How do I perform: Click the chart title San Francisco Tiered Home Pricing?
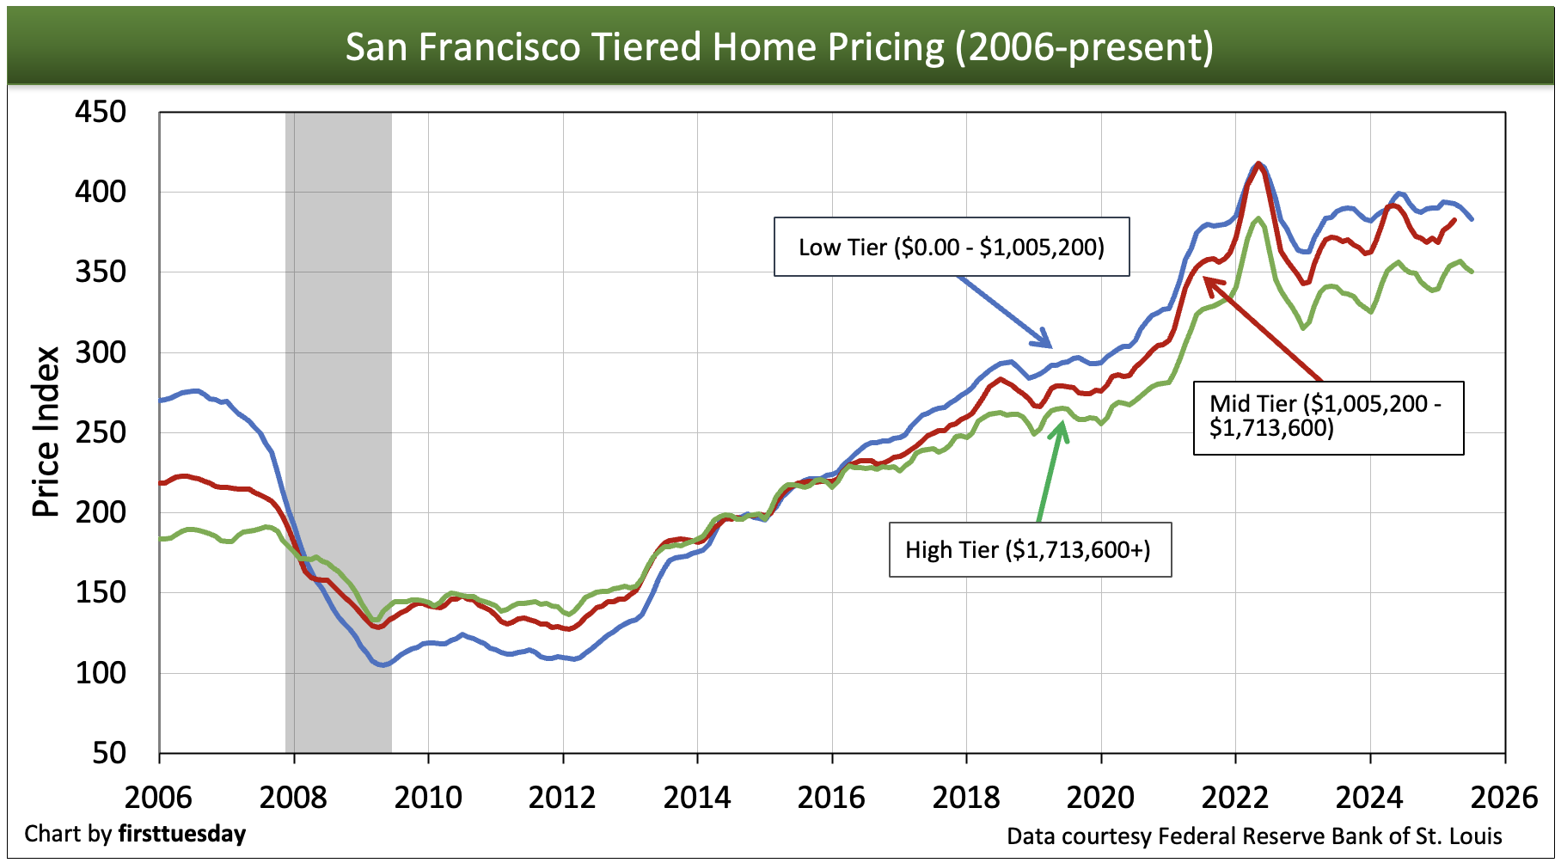(x=779, y=46)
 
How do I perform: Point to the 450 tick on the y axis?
(x=100, y=112)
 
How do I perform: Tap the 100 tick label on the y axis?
(x=100, y=673)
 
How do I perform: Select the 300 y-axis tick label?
(x=100, y=352)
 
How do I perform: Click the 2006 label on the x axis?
(x=158, y=798)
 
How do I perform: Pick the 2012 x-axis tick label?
(x=562, y=798)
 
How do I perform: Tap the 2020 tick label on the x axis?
(x=1100, y=798)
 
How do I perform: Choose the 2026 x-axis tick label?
(x=1504, y=798)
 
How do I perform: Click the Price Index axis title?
(x=46, y=431)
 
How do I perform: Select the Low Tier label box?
(x=952, y=248)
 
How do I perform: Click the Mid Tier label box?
(x=1328, y=417)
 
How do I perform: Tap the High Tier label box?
(x=1029, y=550)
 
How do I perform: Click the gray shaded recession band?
(x=339, y=430)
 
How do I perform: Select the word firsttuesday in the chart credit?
(x=182, y=835)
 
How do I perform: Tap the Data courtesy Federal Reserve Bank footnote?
(x=1254, y=836)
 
